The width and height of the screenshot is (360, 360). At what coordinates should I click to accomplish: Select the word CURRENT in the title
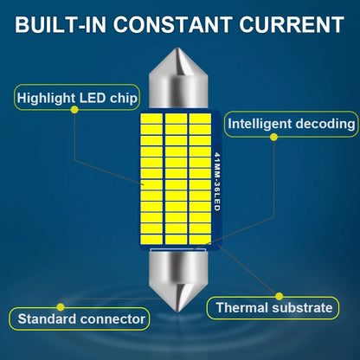292,24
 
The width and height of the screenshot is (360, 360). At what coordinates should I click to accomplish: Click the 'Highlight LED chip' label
77,98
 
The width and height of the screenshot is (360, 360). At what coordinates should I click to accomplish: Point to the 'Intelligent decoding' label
292,124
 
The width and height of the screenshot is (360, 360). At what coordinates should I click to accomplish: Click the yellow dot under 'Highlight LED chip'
74,109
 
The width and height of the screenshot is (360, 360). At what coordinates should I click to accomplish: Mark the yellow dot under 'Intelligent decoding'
274,137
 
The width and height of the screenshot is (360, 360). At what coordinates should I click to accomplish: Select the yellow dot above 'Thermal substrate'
279,296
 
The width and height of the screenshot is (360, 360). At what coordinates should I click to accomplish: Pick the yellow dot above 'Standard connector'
61,307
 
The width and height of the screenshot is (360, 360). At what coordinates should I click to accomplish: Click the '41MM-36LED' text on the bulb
217,182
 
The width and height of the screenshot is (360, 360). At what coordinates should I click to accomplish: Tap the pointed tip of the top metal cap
178,48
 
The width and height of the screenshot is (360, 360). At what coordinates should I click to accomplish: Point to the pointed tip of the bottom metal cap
178,311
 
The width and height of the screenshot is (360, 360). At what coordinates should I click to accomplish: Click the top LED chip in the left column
151,119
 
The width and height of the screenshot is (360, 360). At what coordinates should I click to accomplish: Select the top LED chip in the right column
200,119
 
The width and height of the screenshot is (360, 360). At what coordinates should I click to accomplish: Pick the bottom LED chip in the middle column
177,239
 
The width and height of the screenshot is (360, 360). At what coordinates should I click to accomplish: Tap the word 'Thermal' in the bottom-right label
242,307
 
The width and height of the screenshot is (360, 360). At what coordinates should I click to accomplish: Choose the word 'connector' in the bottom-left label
112,319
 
